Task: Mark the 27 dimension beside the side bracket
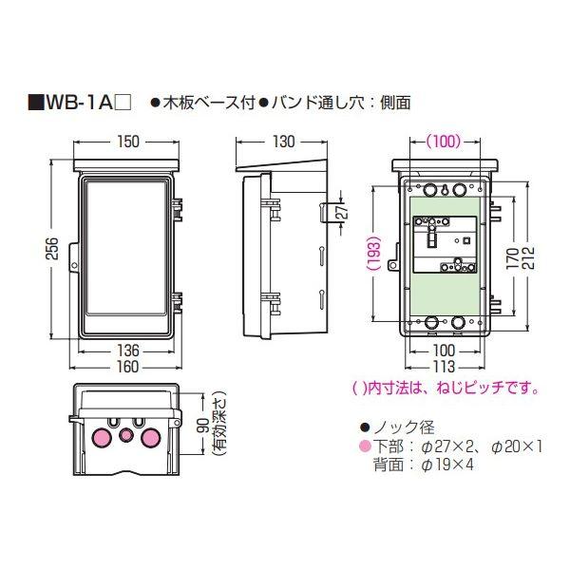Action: click(x=344, y=210)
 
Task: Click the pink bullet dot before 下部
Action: click(x=361, y=446)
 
